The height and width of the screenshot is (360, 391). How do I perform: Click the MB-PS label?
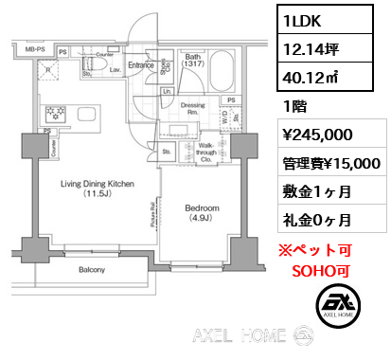[34, 47]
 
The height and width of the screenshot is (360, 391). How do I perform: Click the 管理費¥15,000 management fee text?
[328, 163]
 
